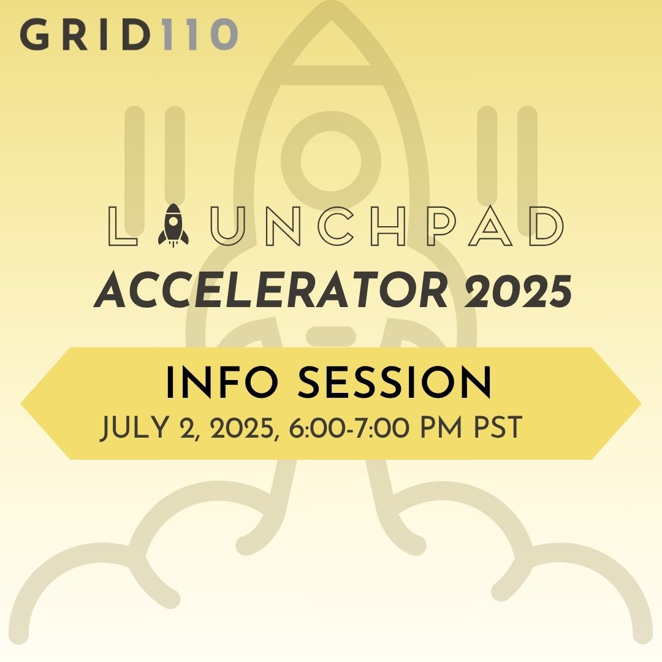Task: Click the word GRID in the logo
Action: [85, 34]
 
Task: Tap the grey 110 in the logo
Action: [200, 34]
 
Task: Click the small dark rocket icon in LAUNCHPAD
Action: [173, 225]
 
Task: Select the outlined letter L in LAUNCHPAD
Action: [123, 226]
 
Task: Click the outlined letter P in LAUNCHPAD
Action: [441, 226]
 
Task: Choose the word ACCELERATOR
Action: [270, 291]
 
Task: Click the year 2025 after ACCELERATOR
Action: [518, 291]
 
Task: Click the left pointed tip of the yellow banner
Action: [21, 403]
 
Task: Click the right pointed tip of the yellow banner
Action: [641, 403]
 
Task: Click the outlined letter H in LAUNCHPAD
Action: [389, 226]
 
